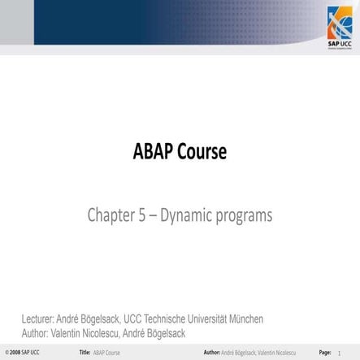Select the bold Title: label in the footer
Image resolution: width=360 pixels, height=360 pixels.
point(84,353)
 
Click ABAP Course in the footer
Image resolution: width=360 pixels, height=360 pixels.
point(106,353)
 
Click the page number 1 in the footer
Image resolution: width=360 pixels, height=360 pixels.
point(339,353)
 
